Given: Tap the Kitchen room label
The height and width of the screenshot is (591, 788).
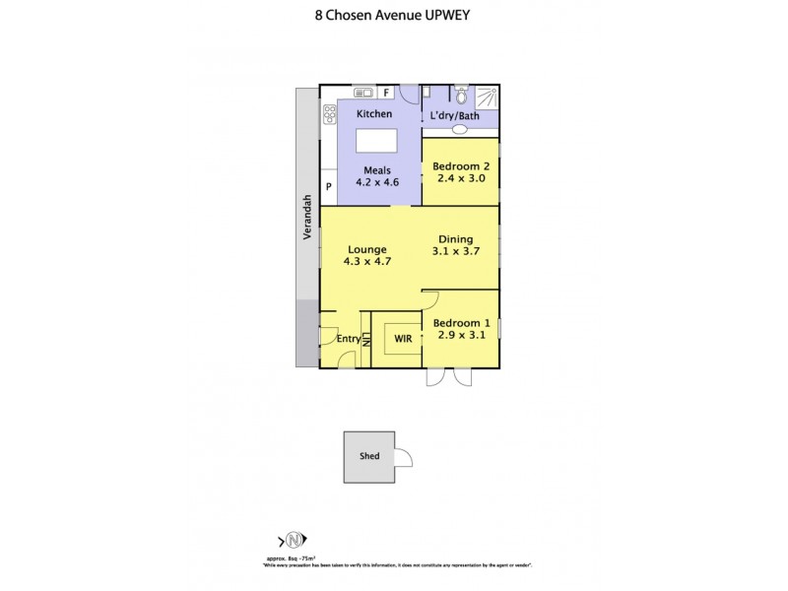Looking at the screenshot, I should click(x=374, y=114).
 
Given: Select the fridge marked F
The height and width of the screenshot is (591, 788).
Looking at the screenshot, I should click(x=387, y=93).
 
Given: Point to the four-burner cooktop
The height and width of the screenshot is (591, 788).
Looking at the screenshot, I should click(x=328, y=115).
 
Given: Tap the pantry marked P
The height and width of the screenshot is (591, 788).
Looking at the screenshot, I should click(x=328, y=185).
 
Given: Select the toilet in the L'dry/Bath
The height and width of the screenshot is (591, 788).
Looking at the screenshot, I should click(x=459, y=96).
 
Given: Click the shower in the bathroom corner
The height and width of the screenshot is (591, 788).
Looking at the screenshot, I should click(x=487, y=97).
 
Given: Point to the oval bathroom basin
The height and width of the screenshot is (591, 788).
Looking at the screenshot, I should click(x=460, y=129).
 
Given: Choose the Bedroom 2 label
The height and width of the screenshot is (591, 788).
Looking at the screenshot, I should click(x=460, y=166).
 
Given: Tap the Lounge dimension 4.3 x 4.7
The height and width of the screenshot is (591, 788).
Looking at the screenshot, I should click(x=365, y=262).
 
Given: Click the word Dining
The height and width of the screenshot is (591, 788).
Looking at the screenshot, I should click(x=455, y=238).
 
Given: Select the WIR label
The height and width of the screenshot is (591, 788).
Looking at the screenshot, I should click(x=403, y=338).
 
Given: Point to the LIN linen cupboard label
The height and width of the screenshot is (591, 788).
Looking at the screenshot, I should click(x=365, y=339).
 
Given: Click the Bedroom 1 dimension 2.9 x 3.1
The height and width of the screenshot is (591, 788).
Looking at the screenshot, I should click(x=460, y=335).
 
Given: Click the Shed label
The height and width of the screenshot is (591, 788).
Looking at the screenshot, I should click(x=369, y=456).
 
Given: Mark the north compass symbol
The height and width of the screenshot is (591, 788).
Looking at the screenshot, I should click(x=293, y=540).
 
